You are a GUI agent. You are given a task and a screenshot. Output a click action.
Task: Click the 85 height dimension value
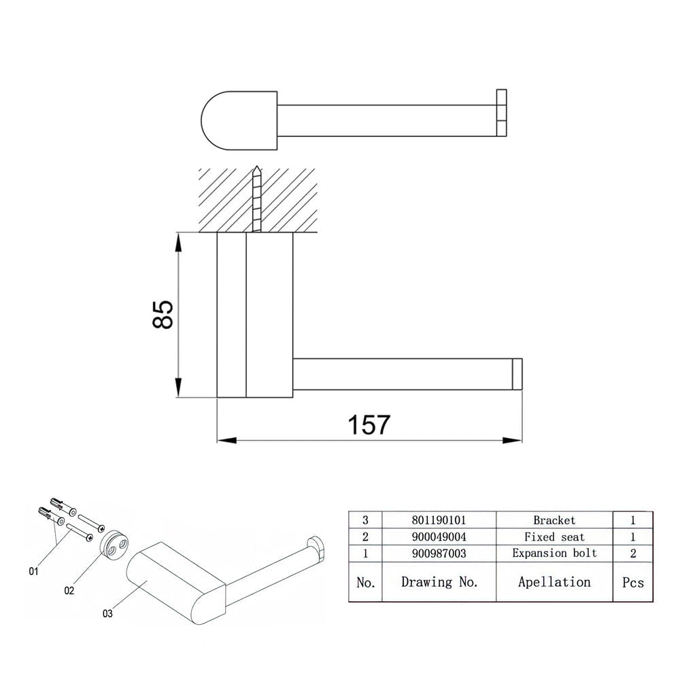click(163, 314)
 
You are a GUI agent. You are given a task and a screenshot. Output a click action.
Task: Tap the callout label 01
click(34, 571)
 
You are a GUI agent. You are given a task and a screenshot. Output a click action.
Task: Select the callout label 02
click(69, 591)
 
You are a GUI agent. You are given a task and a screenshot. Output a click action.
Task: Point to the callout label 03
click(107, 613)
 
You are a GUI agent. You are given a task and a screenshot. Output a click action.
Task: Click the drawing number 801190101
click(439, 520)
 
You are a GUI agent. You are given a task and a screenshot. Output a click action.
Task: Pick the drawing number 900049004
click(439, 537)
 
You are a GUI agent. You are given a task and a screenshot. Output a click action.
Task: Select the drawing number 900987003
click(439, 554)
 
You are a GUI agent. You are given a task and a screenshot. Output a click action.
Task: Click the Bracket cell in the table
click(554, 520)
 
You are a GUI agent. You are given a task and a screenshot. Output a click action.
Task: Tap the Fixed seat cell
click(554, 537)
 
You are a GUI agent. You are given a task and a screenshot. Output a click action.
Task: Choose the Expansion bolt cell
click(554, 553)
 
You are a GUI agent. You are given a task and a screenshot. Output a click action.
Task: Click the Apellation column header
click(554, 582)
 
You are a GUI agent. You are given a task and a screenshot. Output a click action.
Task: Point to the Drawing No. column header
click(439, 582)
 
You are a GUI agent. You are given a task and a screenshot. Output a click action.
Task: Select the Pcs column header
click(632, 583)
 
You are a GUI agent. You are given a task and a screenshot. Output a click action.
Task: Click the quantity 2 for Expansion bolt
click(632, 554)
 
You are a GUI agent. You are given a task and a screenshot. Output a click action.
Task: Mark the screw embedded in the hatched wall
click(257, 199)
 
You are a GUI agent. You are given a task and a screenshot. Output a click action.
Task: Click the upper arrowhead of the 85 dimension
click(177, 242)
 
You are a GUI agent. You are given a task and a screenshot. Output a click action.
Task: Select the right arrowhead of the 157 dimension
click(512, 440)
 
